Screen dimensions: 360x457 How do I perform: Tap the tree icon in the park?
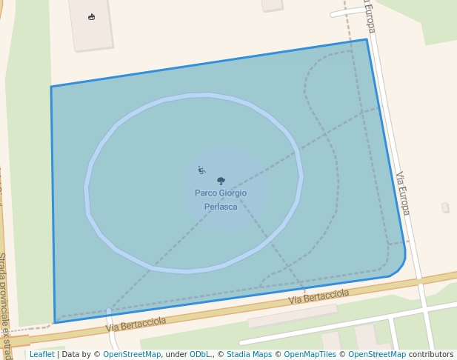(x=221, y=180)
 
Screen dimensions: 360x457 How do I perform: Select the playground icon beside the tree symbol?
(x=201, y=170)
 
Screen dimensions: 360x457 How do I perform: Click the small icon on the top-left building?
(x=92, y=17)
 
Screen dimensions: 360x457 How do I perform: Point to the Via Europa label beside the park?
(x=402, y=193)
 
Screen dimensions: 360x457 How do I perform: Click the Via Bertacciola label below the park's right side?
(x=318, y=296)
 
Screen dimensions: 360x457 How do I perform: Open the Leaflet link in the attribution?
(x=41, y=354)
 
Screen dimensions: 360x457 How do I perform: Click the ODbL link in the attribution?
(x=199, y=354)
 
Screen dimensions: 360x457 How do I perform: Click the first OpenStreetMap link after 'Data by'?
(x=131, y=354)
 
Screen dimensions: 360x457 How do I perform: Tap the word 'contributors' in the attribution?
(x=430, y=354)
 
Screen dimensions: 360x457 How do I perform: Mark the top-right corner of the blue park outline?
(x=367, y=39)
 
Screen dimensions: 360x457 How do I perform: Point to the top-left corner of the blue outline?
(x=51, y=87)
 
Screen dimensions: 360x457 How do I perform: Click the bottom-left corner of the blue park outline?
(x=55, y=322)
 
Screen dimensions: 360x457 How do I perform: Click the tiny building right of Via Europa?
(x=445, y=207)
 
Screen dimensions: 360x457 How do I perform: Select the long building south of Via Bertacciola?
(x=292, y=316)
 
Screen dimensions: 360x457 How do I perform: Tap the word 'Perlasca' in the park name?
(x=221, y=207)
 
